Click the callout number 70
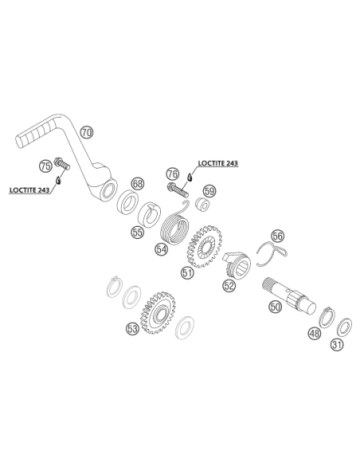coord(87,132)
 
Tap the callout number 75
coord(45,166)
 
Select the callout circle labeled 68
coord(138,184)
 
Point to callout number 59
coord(209,190)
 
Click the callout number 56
coord(277,236)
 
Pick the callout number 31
coord(337,345)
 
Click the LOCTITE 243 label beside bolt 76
coord(218,163)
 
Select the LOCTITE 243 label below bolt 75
coord(29,190)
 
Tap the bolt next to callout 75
coord(62,163)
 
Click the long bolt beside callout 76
coord(178,190)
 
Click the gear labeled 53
coord(157,312)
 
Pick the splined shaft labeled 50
coord(289,295)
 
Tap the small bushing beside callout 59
coord(202,204)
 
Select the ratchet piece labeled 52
coord(237,265)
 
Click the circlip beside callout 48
coord(327,318)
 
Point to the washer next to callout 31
coord(345,328)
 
